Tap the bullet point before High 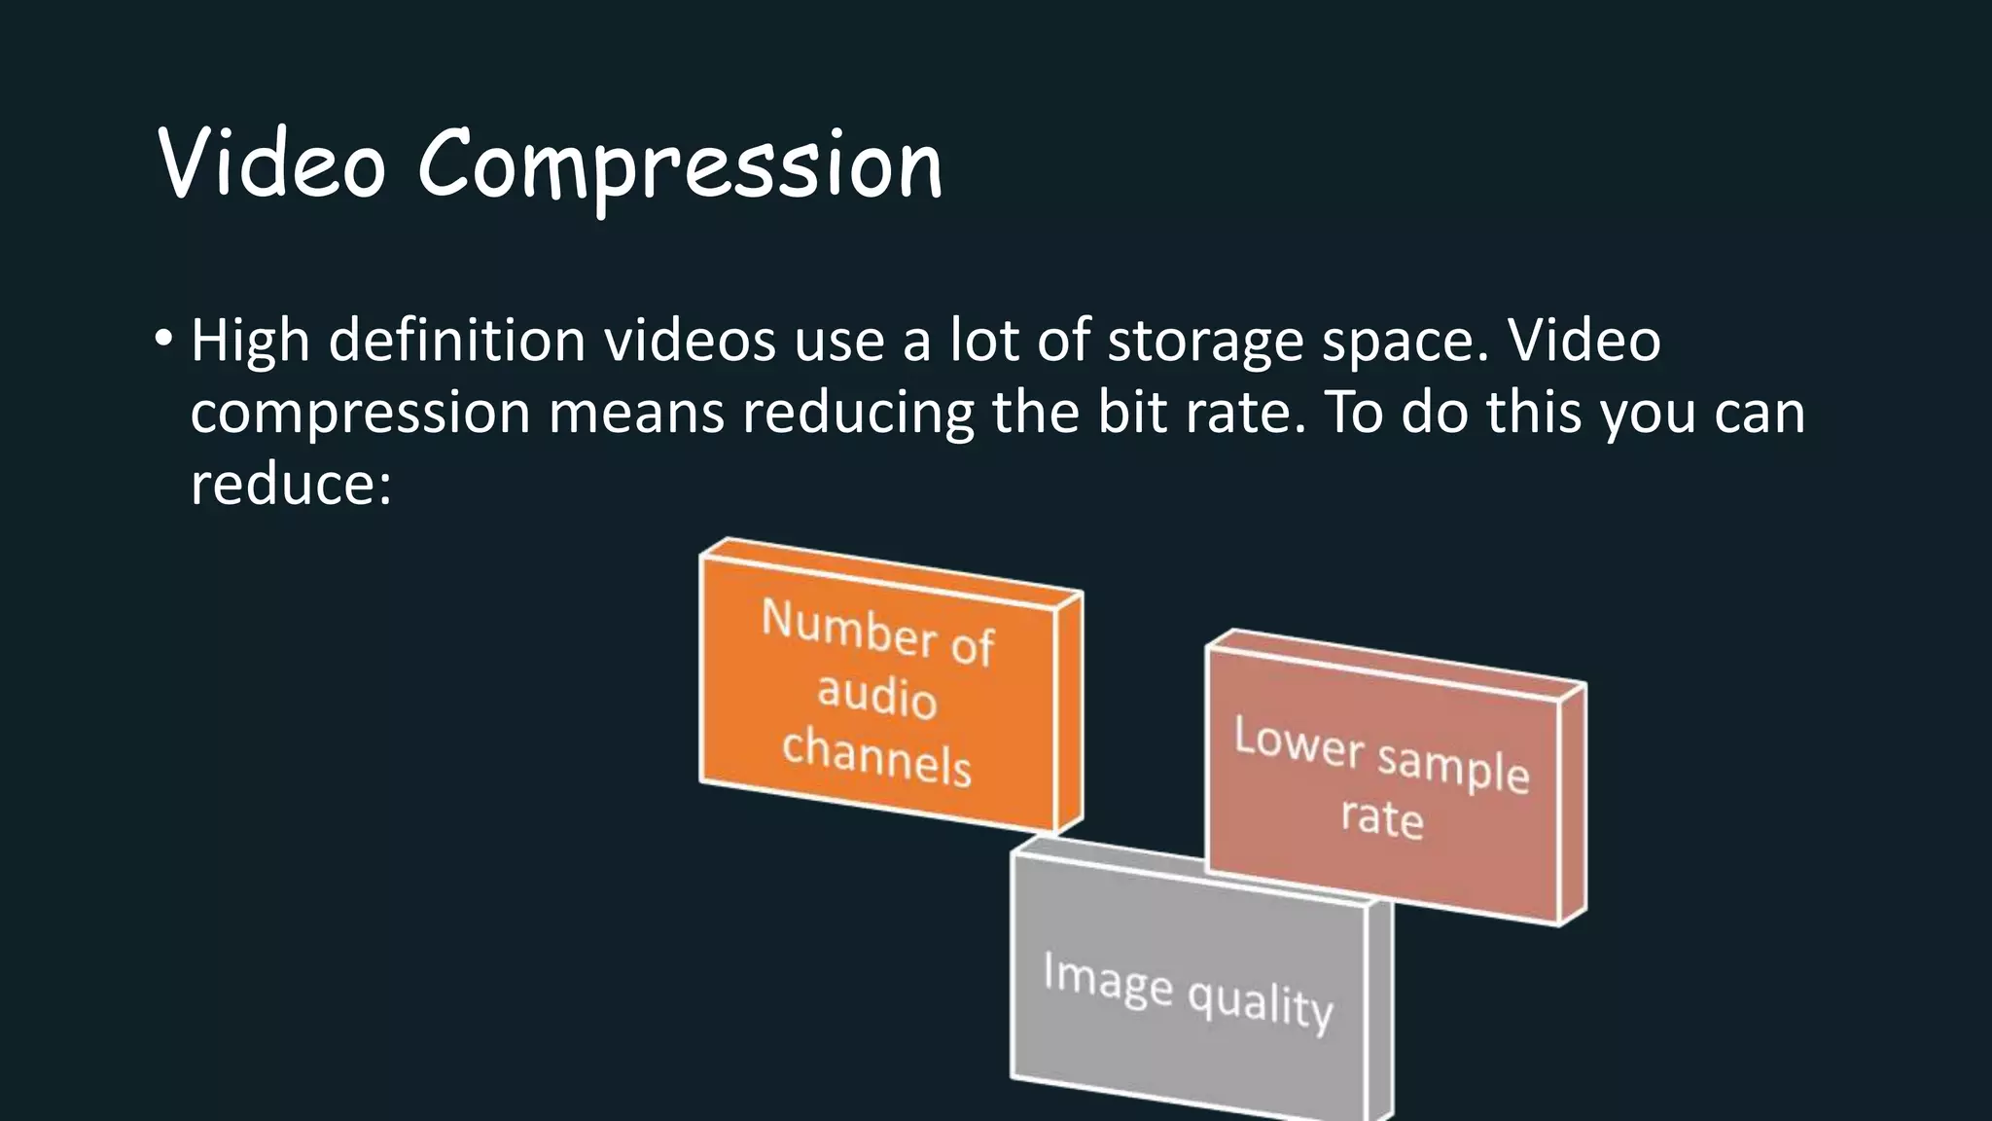[163, 341]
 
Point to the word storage [1205, 343]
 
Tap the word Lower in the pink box [1299, 742]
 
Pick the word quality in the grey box [1260, 1003]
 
